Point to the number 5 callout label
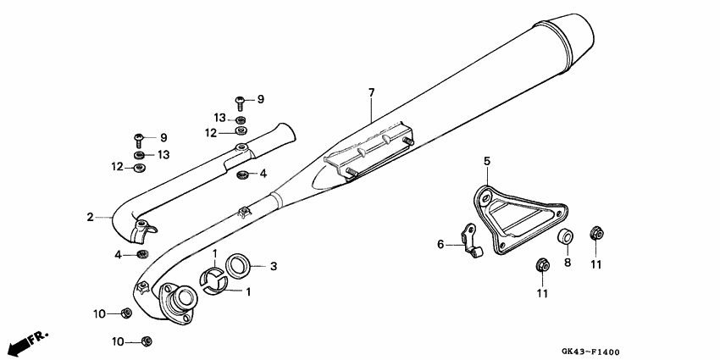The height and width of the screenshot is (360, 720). [x=487, y=160]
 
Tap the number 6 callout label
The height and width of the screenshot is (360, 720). [x=440, y=245]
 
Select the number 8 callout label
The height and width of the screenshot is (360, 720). [x=568, y=263]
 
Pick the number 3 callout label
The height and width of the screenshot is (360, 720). [x=274, y=266]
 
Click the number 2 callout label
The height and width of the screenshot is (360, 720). [x=90, y=218]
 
